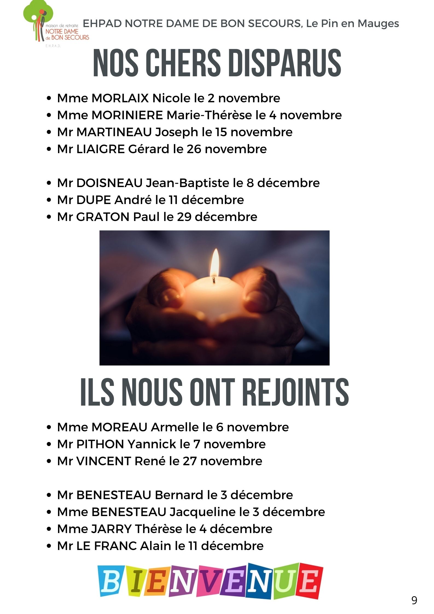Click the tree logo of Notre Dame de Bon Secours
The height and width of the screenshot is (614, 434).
(x=38, y=21)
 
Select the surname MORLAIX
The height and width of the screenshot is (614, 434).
(x=120, y=98)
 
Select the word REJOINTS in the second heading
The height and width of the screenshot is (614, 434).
(x=296, y=392)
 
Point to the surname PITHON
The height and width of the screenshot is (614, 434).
(x=100, y=444)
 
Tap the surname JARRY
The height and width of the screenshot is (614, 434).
(x=111, y=529)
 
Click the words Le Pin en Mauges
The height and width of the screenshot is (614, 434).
(x=353, y=24)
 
